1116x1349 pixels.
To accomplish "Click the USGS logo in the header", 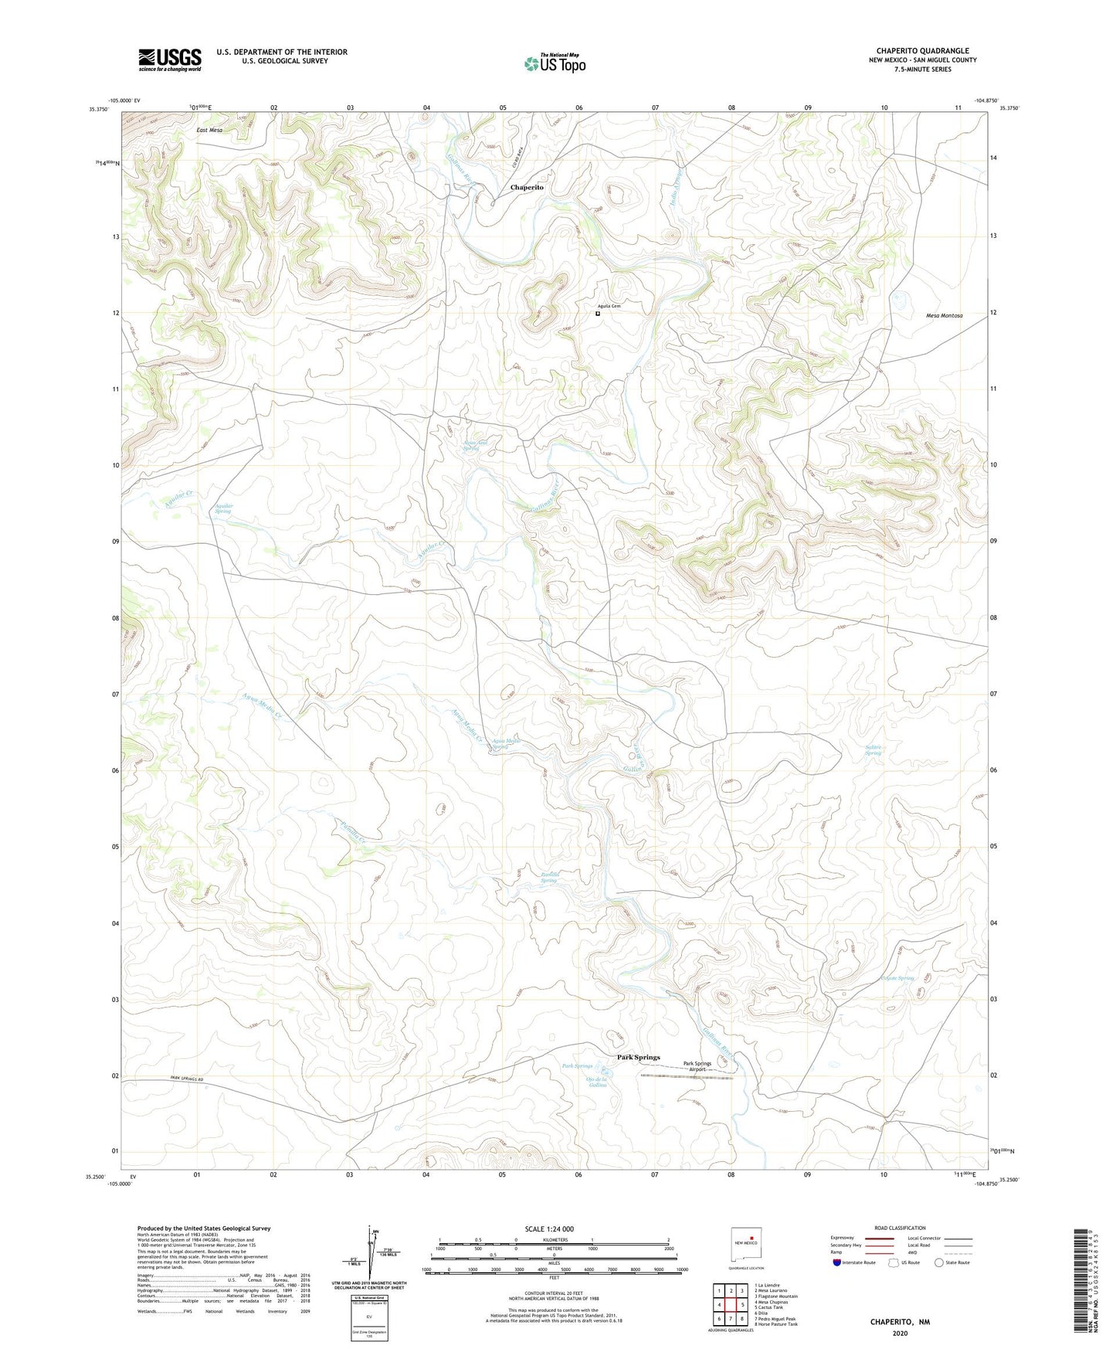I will (170, 59).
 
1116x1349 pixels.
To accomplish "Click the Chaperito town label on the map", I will (527, 188).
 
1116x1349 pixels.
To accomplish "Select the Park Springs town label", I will (638, 1057).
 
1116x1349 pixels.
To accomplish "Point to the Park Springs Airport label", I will (697, 1066).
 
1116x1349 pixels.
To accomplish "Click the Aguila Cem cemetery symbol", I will (597, 314).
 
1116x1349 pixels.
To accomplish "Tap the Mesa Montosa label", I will (944, 316).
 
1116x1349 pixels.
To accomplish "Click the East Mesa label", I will (209, 131).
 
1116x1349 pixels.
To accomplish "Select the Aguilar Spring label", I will (222, 508).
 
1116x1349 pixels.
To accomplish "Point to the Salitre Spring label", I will (873, 749).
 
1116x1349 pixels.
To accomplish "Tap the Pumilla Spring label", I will (548, 878).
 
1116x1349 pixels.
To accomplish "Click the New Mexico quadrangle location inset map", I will (748, 1245).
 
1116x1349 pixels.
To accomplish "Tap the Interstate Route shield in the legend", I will (838, 1262).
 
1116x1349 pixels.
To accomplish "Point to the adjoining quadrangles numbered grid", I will (730, 1305).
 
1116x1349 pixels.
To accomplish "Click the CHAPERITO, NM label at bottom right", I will (900, 1322).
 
